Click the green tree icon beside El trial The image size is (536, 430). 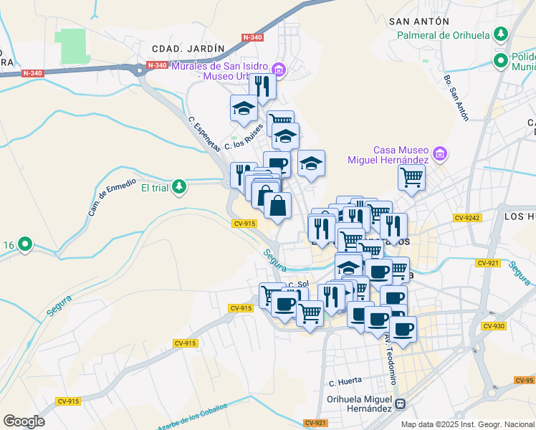(179, 188)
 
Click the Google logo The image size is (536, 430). (24, 421)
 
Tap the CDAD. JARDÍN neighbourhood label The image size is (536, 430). (188, 48)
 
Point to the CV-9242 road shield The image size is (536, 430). (467, 218)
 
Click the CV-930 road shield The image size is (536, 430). (494, 326)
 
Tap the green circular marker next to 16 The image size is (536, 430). (25, 245)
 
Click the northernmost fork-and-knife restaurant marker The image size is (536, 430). (262, 86)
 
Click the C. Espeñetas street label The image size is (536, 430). (205, 134)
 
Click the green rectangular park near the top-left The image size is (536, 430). (70, 45)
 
